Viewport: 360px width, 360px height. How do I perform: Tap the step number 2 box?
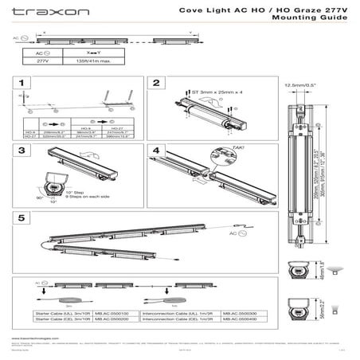coord(157,83)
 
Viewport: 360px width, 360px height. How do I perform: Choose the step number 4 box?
coord(157,150)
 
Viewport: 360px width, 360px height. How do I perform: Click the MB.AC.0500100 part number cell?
coord(114,314)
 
